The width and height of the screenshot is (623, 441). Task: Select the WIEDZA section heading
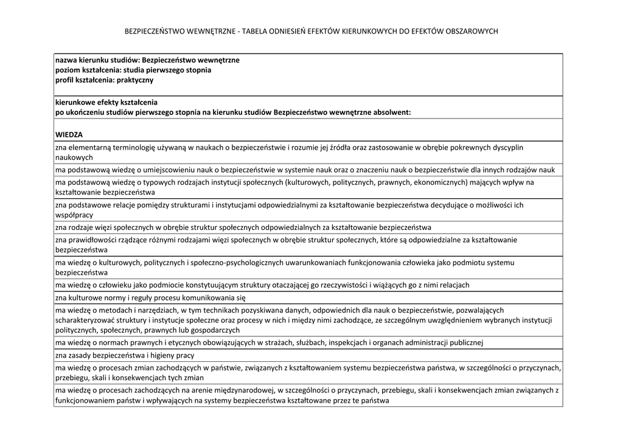(x=69, y=134)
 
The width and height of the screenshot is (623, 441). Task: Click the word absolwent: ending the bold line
(x=390, y=113)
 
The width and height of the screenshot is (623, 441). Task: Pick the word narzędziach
(x=148, y=310)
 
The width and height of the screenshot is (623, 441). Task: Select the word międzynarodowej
(x=242, y=390)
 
